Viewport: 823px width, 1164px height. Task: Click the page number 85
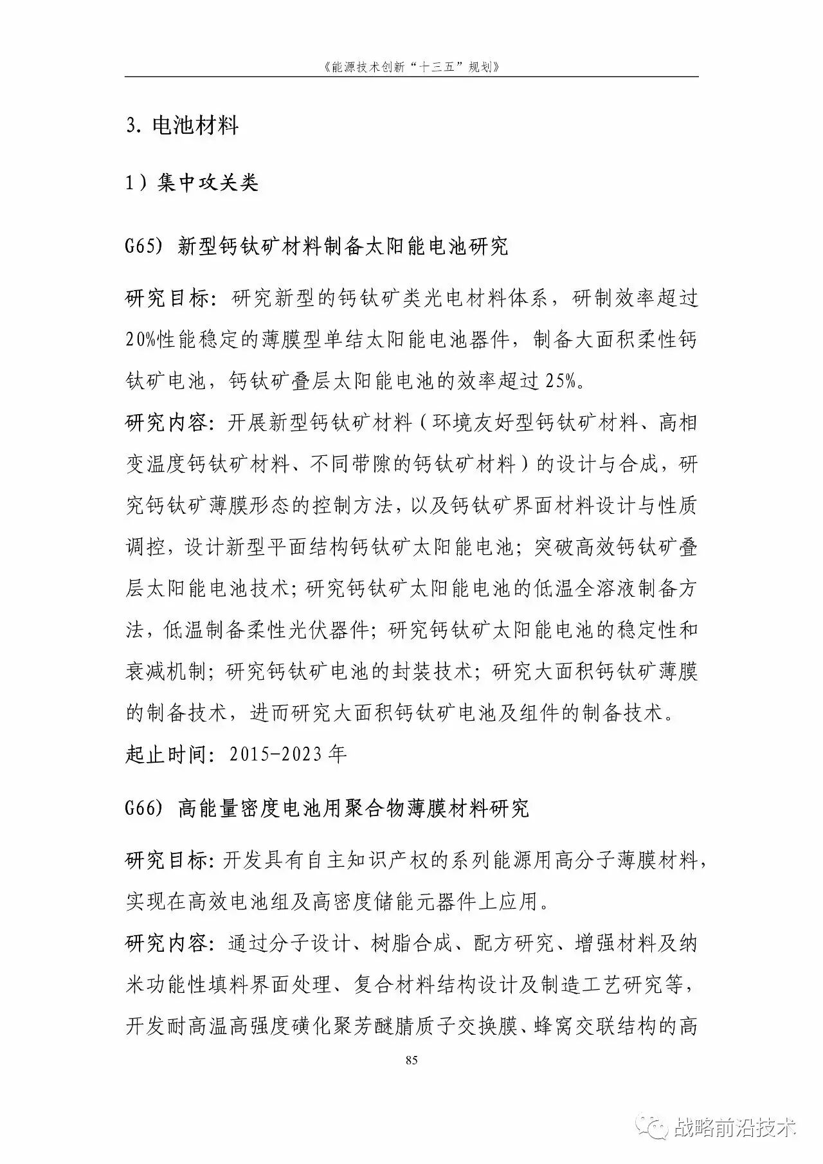pos(411,1060)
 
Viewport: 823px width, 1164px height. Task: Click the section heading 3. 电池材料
pos(182,125)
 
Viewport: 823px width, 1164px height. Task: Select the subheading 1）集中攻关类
pos(191,183)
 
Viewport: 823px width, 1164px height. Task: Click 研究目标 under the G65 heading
pos(167,298)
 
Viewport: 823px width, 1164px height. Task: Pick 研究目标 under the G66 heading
pos(167,860)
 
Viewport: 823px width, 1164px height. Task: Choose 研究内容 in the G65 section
pos(167,423)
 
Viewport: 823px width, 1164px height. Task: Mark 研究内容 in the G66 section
pos(167,943)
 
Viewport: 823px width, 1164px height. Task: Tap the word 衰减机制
pos(167,671)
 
